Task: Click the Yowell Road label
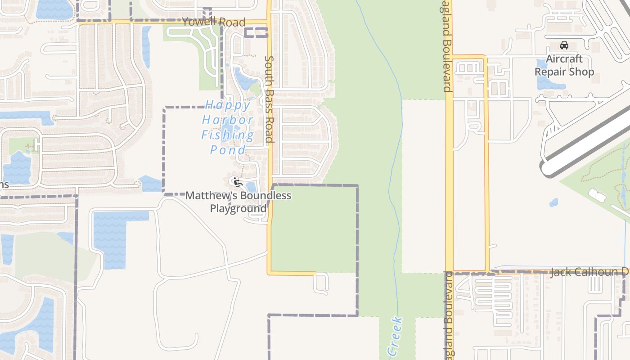click(214, 22)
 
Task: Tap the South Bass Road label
click(269, 99)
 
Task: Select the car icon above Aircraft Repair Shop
click(564, 45)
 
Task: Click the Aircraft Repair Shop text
click(564, 65)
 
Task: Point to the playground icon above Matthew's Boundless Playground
click(237, 182)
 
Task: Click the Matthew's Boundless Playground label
click(238, 202)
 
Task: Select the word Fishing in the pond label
click(228, 135)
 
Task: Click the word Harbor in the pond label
click(228, 120)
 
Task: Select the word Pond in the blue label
click(228, 150)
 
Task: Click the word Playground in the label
click(238, 209)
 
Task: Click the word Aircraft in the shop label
click(564, 59)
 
